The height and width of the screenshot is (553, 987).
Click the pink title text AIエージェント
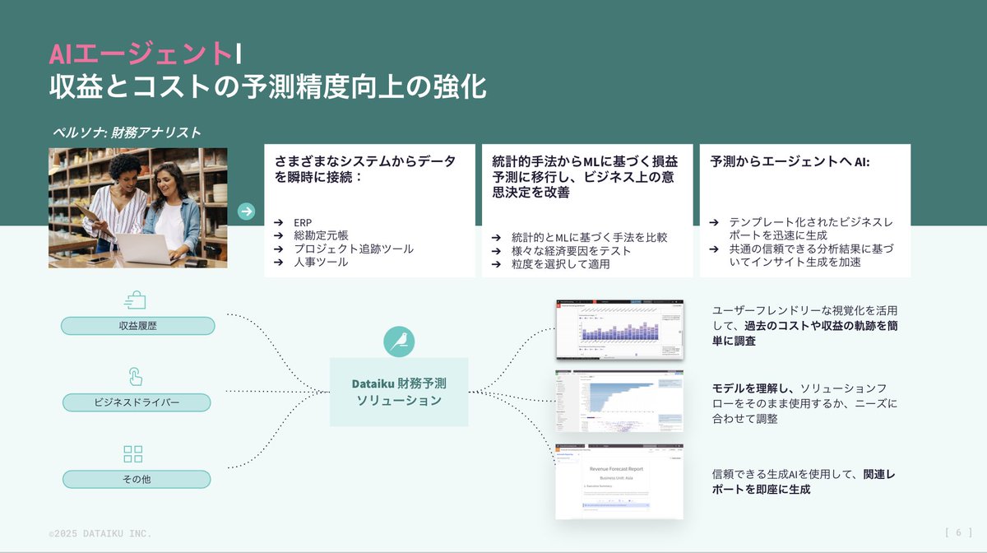pos(141,53)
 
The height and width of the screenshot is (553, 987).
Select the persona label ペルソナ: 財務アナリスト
pos(127,132)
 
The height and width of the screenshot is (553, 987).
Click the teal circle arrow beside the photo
pos(246,211)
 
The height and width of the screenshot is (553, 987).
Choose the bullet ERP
pos(303,222)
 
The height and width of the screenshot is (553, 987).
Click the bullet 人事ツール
pos(321,262)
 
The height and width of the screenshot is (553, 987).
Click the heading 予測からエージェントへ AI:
pos(790,162)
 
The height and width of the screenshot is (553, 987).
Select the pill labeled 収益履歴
pos(137,326)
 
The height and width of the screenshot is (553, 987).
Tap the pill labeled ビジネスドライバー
pos(137,402)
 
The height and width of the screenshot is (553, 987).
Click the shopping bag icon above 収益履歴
pos(135,300)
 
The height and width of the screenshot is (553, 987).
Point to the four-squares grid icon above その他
pos(132,453)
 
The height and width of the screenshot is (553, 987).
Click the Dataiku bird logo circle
pos(399,342)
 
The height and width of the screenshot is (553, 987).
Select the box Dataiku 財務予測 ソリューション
pos(399,392)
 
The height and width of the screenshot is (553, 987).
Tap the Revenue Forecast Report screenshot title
pos(617,468)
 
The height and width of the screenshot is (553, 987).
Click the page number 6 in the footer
pos(958,532)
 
